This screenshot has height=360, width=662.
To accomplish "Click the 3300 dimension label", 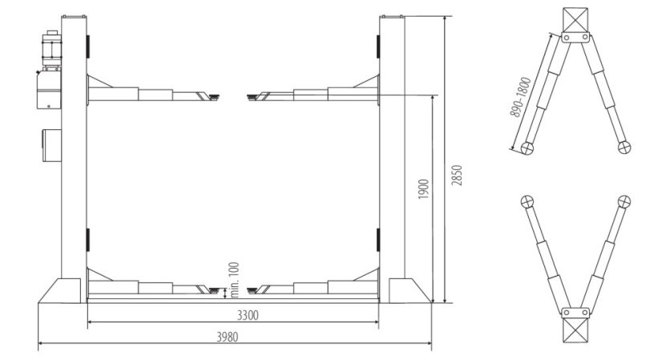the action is pyautogui.click(x=248, y=315).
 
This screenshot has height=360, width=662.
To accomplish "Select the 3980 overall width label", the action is pyautogui.click(x=228, y=337).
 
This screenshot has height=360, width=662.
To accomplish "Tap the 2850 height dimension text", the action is pyautogui.click(x=458, y=175).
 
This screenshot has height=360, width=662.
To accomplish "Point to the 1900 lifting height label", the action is pyautogui.click(x=423, y=189).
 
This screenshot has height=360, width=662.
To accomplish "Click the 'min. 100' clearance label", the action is pyautogui.click(x=234, y=280).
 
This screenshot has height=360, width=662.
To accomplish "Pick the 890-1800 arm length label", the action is pyautogui.click(x=520, y=97).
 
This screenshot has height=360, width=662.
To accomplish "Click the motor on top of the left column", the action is pyautogui.click(x=52, y=49).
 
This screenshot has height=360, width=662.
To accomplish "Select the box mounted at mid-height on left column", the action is pyautogui.click(x=51, y=145).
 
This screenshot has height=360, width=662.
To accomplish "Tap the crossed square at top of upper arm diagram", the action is pyautogui.click(x=575, y=20).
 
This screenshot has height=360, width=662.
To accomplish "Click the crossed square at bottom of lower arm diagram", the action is pyautogui.click(x=575, y=330).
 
